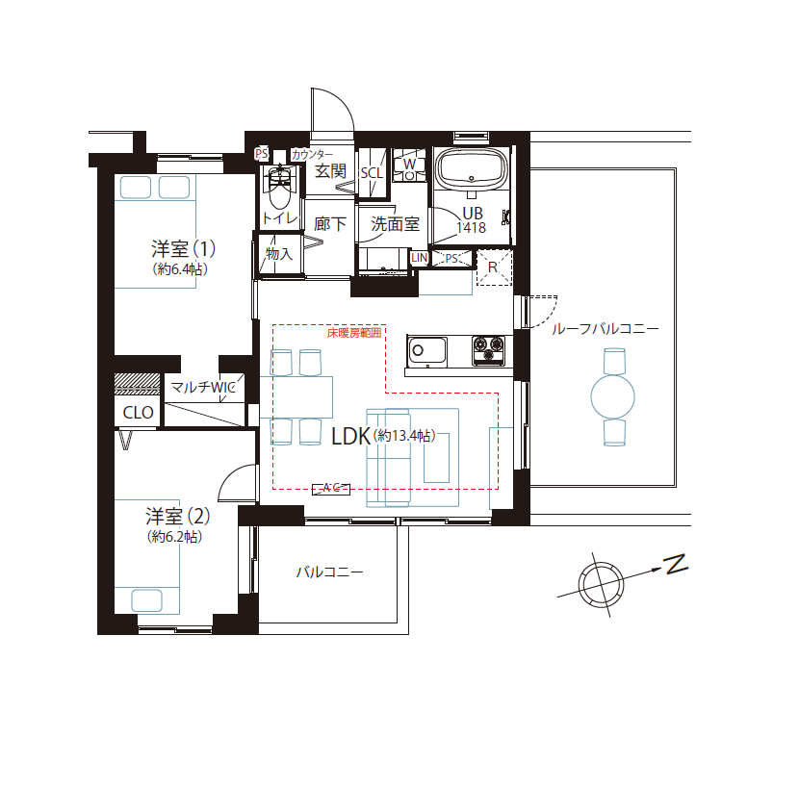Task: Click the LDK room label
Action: click(x=350, y=436)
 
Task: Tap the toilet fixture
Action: click(x=280, y=190)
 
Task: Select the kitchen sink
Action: click(x=427, y=351)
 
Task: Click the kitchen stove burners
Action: click(x=489, y=350)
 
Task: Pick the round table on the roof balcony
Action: click(x=613, y=394)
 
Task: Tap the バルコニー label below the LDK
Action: click(x=329, y=572)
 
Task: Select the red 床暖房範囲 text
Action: click(x=353, y=333)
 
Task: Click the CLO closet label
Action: click(x=138, y=413)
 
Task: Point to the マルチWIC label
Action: click(x=202, y=387)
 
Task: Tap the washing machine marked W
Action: click(x=409, y=165)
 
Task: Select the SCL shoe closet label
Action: click(x=372, y=173)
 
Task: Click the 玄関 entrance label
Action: click(x=330, y=171)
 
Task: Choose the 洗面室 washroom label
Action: click(x=395, y=224)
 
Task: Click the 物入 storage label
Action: click(x=279, y=254)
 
